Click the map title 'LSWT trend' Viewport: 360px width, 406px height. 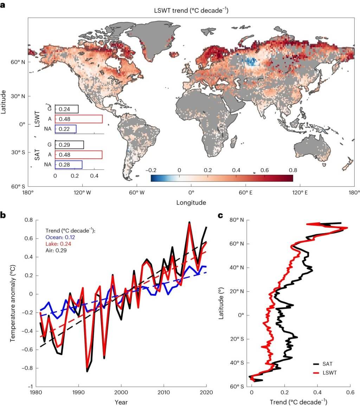pos(192,11)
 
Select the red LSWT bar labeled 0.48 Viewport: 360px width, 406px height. pos(78,119)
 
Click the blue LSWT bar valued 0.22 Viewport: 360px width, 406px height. pos(65,129)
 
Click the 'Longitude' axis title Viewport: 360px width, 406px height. pos(191,203)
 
